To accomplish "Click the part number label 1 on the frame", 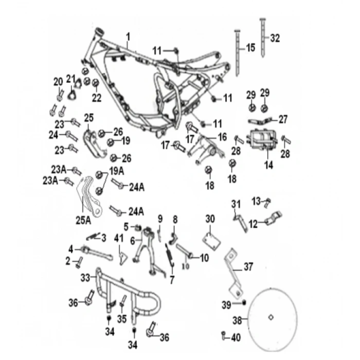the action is (128, 37).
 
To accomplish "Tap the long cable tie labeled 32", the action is (263, 38).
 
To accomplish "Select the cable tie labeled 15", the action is (237, 52).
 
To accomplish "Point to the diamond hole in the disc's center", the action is (271, 317).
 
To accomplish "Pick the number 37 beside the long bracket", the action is (248, 267).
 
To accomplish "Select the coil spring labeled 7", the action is (170, 255).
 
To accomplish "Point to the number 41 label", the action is (119, 238).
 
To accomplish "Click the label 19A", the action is (117, 171).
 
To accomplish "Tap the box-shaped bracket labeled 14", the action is (262, 139).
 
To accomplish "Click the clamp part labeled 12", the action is (273, 218).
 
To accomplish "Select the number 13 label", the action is (256, 202).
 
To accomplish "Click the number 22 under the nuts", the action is (97, 98).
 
